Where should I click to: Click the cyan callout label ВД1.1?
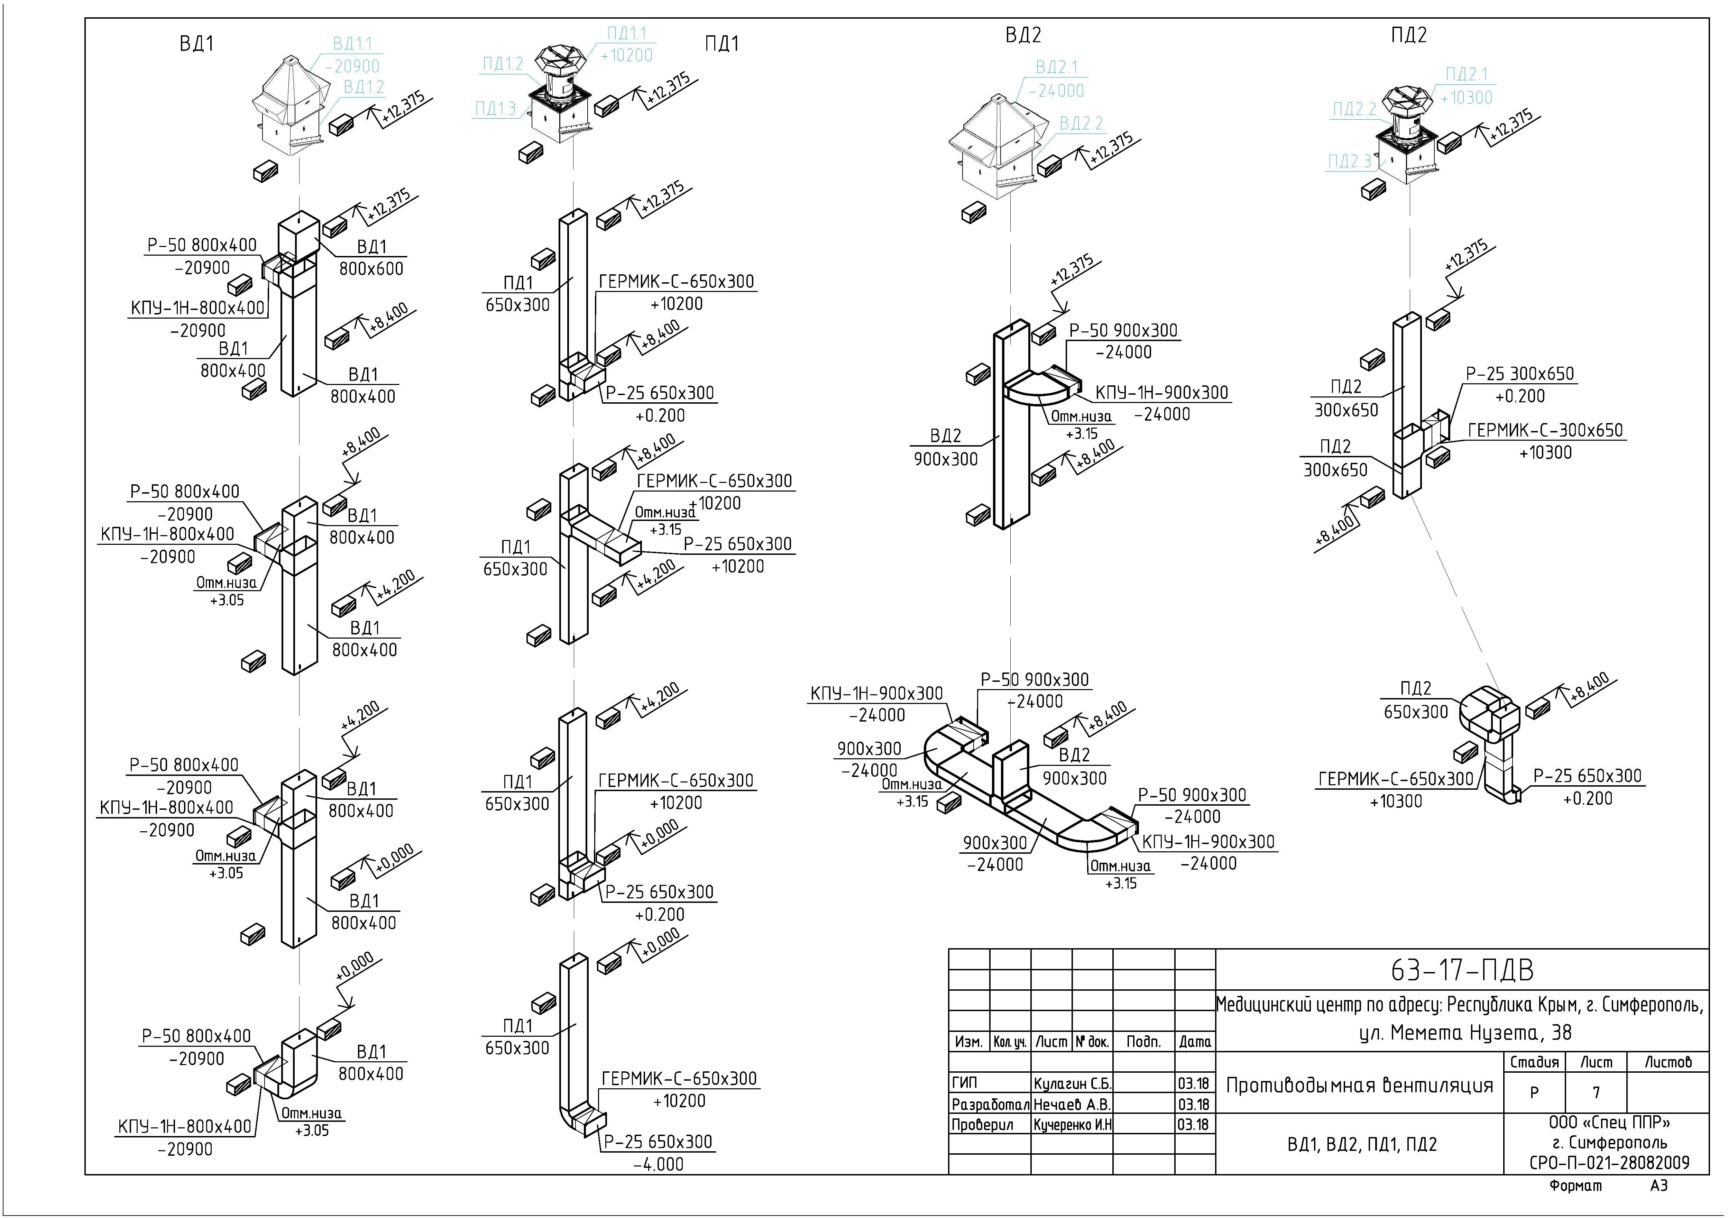tap(352, 44)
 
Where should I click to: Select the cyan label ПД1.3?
tap(495, 108)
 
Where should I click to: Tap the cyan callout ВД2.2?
tap(1082, 123)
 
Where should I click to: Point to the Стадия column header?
tap(1535, 1062)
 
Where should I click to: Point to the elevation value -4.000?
tap(659, 1164)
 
